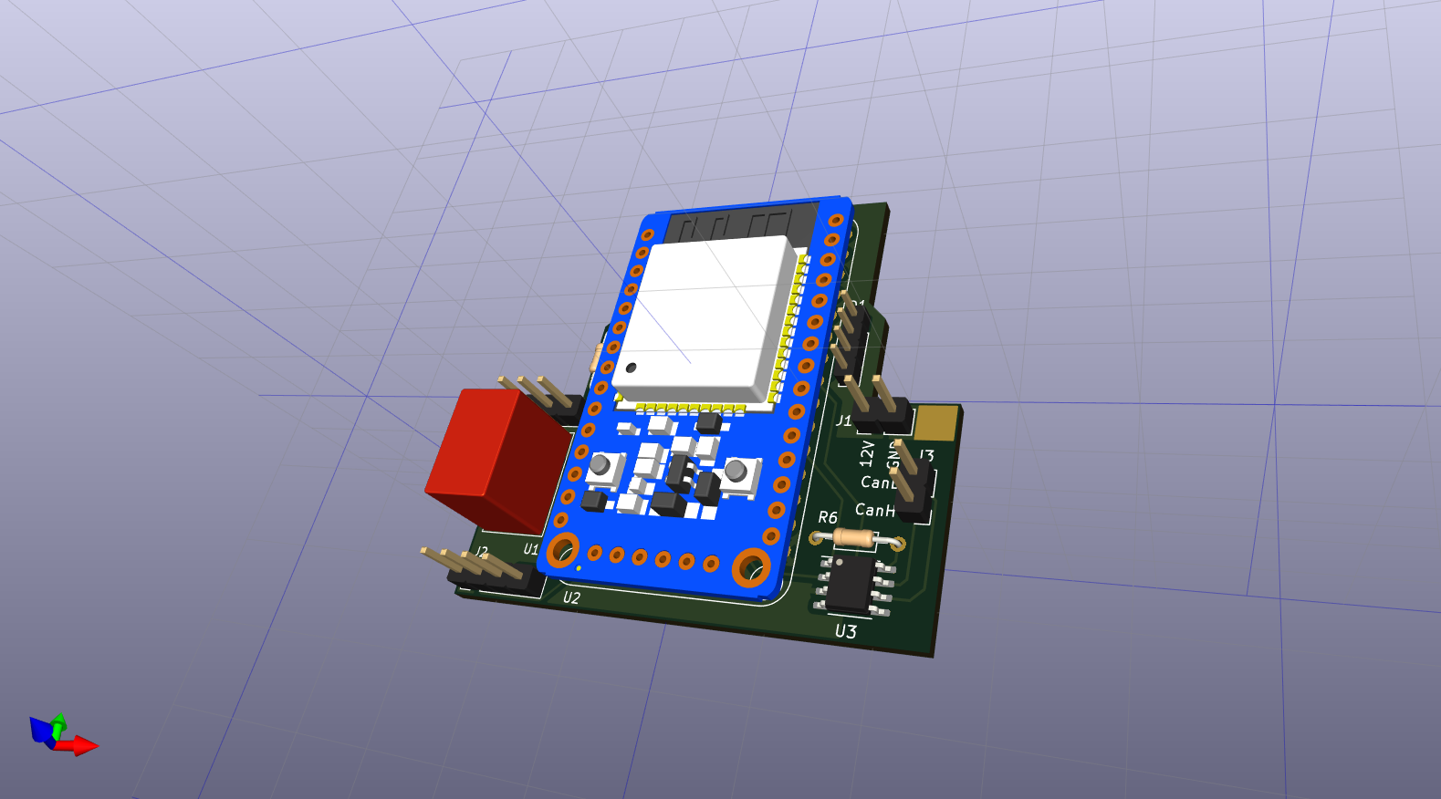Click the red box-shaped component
(493, 461)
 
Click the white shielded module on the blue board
(703, 315)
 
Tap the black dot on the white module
(631, 368)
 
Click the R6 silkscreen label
(827, 517)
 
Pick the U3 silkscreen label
(846, 631)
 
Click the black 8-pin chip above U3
(851, 582)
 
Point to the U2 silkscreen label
(571, 597)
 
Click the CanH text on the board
(874, 510)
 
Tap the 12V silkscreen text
(867, 453)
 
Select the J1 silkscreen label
(843, 420)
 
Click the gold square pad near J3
(935, 423)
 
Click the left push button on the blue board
(600, 466)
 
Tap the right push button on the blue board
(736, 472)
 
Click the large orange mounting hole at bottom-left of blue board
(562, 550)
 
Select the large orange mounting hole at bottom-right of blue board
(751, 567)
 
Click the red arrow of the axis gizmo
(82, 746)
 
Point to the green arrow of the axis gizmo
(58, 724)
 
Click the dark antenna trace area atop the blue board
(739, 223)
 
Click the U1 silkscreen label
(531, 549)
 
